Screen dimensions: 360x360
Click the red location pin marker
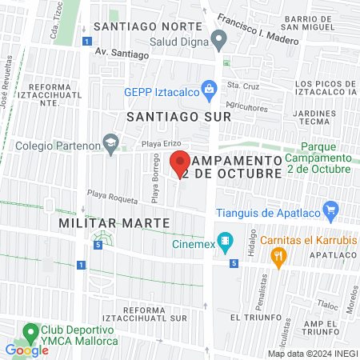click(182, 162)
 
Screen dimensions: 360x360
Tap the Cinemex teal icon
click(226, 239)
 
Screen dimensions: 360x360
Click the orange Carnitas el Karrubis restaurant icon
click(278, 256)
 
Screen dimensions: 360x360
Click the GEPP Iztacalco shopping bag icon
click(209, 90)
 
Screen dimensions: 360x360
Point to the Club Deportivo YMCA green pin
click(31, 330)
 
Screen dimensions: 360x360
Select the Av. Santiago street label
click(122, 54)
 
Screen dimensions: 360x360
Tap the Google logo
click(26, 350)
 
